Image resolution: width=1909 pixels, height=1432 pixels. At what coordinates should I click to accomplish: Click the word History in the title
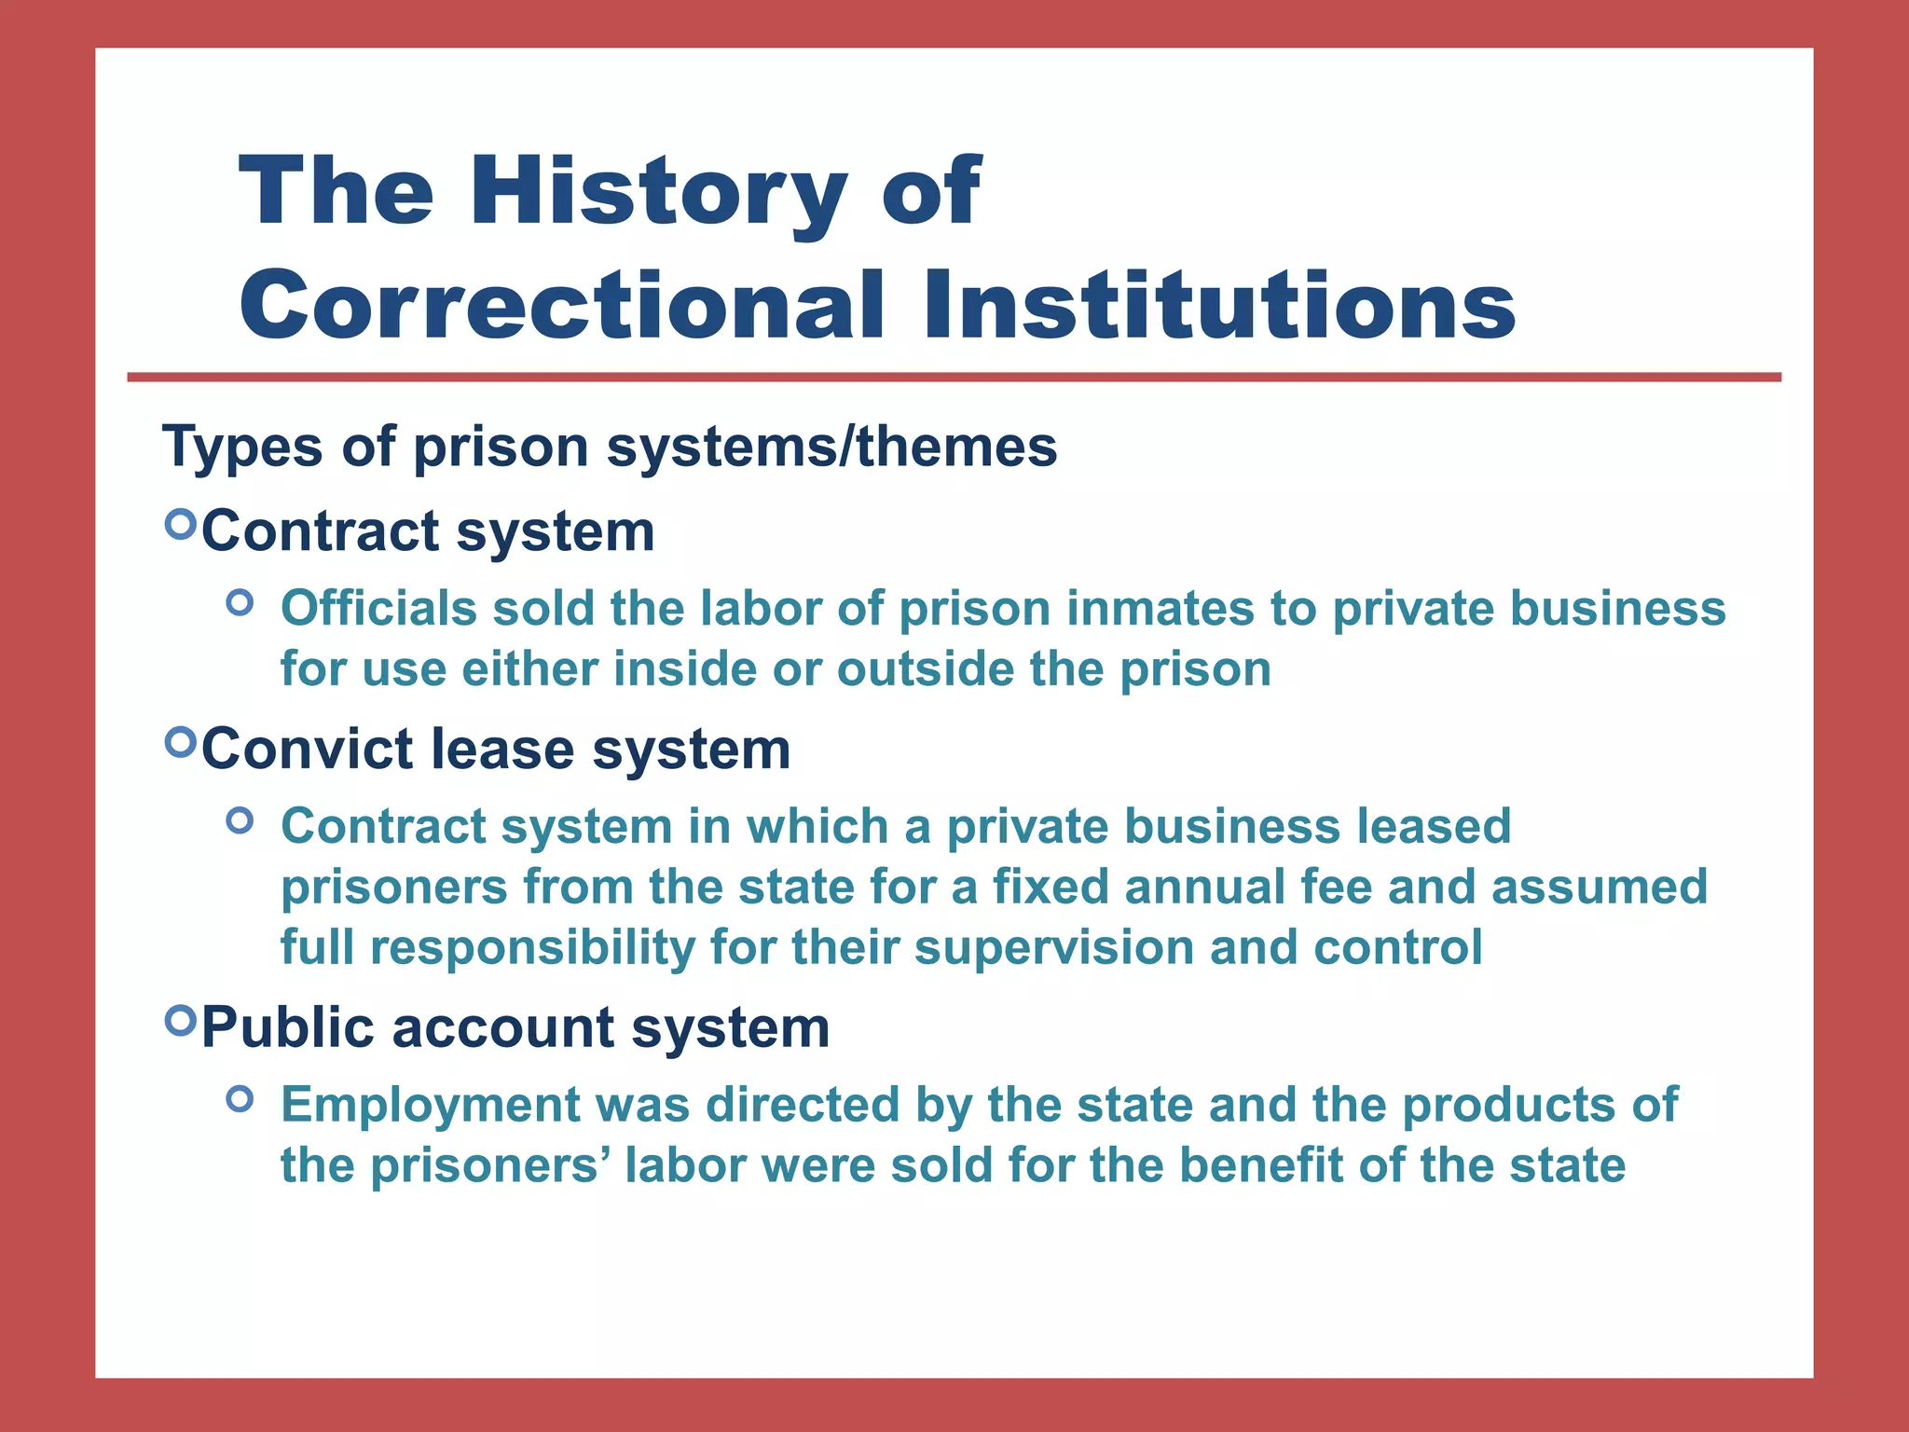point(658,192)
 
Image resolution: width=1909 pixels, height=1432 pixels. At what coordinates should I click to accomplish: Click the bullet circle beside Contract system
point(181,525)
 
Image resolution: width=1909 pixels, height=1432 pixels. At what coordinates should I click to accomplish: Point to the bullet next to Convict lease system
point(181,743)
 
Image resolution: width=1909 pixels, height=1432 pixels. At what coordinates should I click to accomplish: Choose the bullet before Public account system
point(181,1021)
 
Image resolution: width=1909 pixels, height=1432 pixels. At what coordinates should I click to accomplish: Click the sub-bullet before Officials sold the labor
point(240,603)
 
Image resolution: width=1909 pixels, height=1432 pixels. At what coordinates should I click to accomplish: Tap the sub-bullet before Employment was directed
point(240,1099)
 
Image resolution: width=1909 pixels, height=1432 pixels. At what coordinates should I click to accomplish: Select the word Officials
point(379,608)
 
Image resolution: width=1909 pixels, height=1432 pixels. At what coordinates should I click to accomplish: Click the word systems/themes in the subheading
point(831,447)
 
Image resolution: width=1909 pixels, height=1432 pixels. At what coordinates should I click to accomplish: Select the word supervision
point(1054,947)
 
